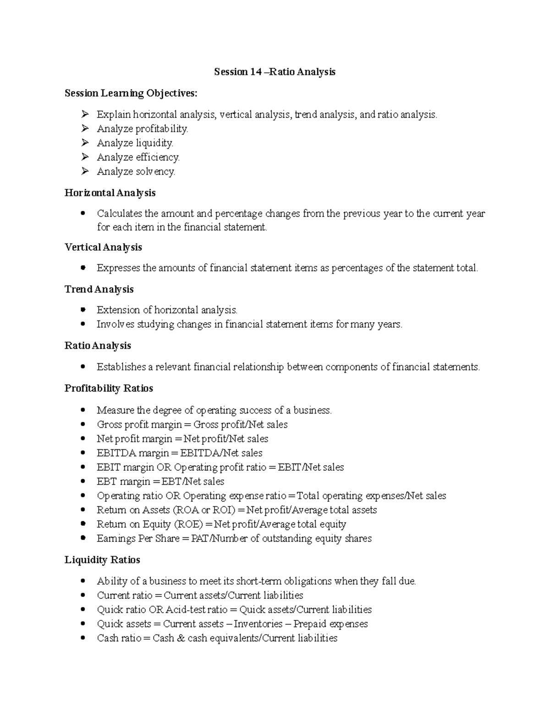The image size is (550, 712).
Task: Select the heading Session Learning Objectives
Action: tap(131, 94)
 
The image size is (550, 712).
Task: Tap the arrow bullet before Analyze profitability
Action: tap(84, 129)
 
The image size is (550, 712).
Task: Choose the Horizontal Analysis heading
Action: tap(110, 193)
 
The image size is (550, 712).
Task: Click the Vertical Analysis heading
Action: tap(103, 248)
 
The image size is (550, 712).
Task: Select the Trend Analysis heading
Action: tap(99, 290)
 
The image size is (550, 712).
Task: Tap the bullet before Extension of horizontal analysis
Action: tap(83, 310)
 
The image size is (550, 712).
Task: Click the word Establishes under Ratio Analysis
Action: tap(121, 367)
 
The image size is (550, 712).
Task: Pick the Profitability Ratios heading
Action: tap(109, 388)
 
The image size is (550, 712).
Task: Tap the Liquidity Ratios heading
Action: tap(102, 560)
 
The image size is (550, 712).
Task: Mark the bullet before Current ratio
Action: tap(83, 595)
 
